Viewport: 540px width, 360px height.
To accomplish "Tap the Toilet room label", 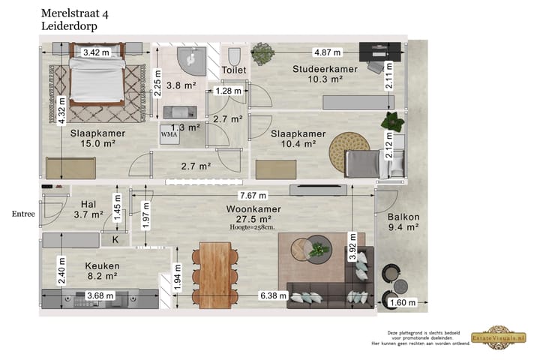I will (234, 70).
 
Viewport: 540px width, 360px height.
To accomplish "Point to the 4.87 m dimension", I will (328, 52).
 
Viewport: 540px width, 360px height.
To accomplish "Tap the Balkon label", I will (403, 217).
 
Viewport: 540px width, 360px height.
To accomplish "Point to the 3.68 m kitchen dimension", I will (100, 295).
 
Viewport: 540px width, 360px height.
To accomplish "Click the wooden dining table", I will (215, 274).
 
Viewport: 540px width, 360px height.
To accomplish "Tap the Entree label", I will (23, 214).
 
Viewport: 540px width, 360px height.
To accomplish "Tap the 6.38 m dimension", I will (271, 295).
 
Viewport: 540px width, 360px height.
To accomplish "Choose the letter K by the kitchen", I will (115, 240).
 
